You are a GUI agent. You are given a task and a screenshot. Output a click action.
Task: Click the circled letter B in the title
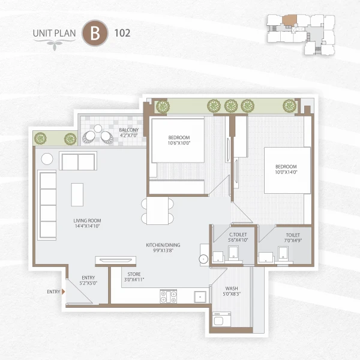tap(95, 33)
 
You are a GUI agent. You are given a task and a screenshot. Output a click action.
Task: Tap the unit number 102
tap(122, 33)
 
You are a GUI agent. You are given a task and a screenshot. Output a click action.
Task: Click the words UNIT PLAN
tap(55, 34)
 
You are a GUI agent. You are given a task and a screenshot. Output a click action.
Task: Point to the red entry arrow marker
tap(64, 292)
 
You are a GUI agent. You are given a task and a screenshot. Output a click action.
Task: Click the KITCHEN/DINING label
tap(163, 245)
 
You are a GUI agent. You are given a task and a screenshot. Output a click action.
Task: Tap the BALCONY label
tap(128, 130)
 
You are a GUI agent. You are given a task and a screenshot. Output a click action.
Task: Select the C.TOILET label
tap(239, 234)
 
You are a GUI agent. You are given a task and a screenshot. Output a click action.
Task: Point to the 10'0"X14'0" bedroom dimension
tap(286, 172)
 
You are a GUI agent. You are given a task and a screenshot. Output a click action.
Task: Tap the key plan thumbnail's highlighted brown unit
tap(289, 20)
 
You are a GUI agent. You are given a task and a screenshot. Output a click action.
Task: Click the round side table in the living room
tap(47, 160)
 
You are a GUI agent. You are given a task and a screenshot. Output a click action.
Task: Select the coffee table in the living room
tap(77, 194)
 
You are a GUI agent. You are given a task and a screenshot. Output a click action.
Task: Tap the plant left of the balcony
tap(40, 138)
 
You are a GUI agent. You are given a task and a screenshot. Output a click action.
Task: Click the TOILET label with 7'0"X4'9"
tap(293, 236)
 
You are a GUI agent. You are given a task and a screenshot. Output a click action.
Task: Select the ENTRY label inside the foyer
tap(89, 278)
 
